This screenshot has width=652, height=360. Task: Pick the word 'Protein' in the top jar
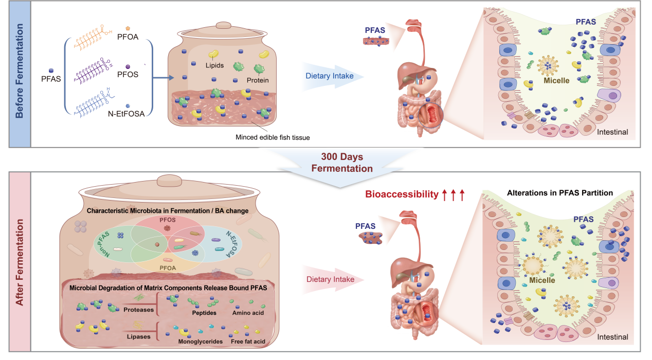pos(257,80)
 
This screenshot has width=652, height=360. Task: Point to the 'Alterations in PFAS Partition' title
pos(560,193)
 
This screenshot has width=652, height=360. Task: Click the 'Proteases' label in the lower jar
pos(138,310)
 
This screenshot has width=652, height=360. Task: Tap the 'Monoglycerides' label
pos(200,341)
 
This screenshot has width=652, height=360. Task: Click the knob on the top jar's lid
pos(224,25)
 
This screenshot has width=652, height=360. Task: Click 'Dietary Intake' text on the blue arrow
pos(329,76)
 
